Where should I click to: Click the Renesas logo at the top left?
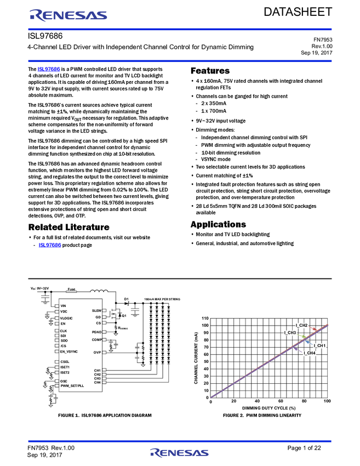click(x=68, y=15)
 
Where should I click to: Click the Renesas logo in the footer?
click(x=179, y=453)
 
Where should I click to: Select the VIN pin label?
click(x=63, y=305)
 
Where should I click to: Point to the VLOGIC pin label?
click(x=66, y=318)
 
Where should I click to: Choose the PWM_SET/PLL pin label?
click(x=72, y=385)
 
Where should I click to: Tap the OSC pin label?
click(x=64, y=380)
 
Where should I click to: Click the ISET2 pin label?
click(x=65, y=372)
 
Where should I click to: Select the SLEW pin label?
click(x=97, y=310)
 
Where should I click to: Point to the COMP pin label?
click(x=96, y=339)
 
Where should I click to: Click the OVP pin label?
click(x=97, y=352)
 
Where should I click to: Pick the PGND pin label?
click(x=96, y=332)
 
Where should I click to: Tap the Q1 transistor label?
click(x=124, y=316)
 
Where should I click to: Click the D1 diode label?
click(x=126, y=299)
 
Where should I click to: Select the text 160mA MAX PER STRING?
click(x=162, y=299)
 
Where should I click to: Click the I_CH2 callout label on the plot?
click(x=301, y=325)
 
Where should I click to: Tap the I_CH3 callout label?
click(x=290, y=333)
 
